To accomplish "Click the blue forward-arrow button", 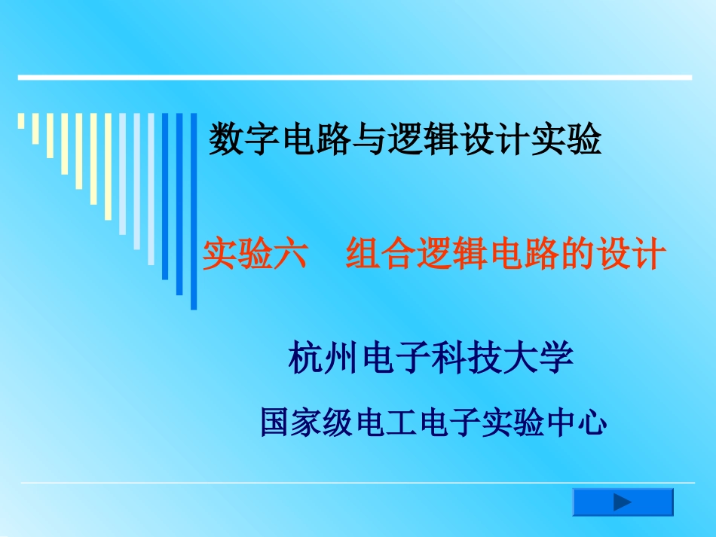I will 623,502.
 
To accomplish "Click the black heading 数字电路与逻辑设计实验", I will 405,140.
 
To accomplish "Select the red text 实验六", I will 255,255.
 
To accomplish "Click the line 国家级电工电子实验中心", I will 433,422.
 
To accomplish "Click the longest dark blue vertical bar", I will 194,211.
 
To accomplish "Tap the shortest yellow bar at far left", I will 21,121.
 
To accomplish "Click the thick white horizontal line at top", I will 354,77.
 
